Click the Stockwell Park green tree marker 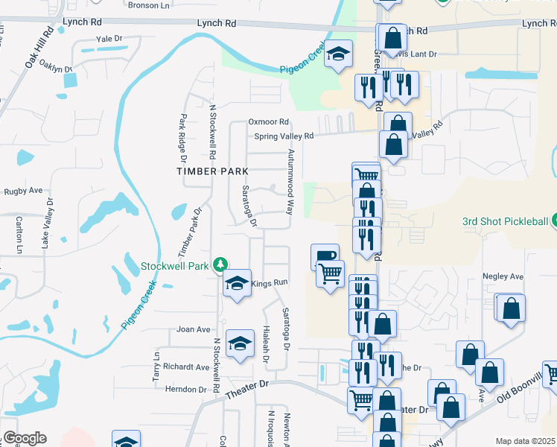(x=220, y=264)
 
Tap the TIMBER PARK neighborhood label (x=212, y=171)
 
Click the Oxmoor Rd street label (x=268, y=121)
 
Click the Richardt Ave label (x=187, y=367)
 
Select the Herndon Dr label (x=185, y=389)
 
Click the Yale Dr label (x=108, y=38)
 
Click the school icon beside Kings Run (x=237, y=284)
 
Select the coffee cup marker (x=325, y=256)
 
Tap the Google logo (x=25, y=438)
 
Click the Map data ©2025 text (x=525, y=441)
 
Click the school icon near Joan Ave (x=240, y=343)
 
